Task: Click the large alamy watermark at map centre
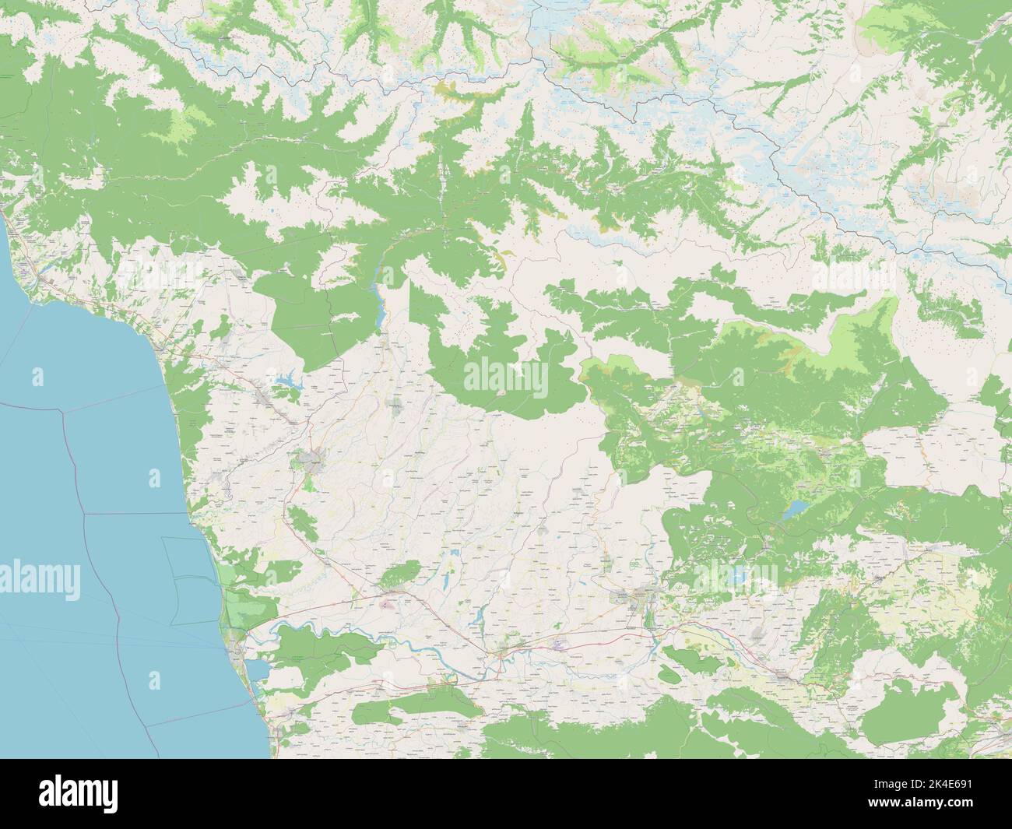[505, 379]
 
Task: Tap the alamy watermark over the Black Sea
[39, 578]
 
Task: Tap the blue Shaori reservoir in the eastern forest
[795, 510]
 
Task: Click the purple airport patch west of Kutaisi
[561, 644]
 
